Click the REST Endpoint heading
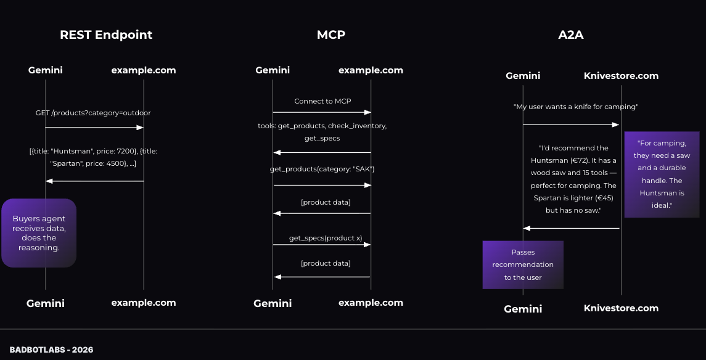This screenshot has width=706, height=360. (106, 35)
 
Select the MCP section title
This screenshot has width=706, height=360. (330, 35)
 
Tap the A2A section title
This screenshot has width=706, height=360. (570, 35)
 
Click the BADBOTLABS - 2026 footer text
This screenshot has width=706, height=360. (51, 350)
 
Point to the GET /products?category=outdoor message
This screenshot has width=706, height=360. (93, 113)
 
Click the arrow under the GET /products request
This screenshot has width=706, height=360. (94, 128)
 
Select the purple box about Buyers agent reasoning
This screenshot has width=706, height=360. (39, 233)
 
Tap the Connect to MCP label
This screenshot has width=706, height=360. (322, 101)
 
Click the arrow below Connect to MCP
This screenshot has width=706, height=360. (322, 112)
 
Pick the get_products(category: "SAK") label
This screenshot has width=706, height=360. (322, 169)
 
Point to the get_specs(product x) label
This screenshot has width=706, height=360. (326, 238)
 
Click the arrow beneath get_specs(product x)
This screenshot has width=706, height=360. (322, 245)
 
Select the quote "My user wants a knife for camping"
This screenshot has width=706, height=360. (576, 107)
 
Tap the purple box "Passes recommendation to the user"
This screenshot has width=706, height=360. (523, 264)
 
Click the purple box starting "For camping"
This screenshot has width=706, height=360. (662, 174)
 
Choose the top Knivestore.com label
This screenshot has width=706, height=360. (621, 76)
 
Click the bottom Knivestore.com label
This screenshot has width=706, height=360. (621, 308)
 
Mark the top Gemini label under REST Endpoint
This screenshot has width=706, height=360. (45, 70)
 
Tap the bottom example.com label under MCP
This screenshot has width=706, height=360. (371, 303)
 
